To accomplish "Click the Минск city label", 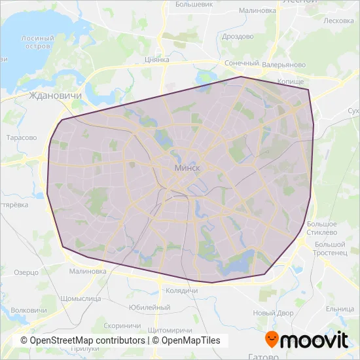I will (x=188, y=168).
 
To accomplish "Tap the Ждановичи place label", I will (x=55, y=96).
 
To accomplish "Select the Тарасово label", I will (x=21, y=138).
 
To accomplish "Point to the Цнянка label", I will (x=156, y=60).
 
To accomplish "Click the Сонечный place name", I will (x=242, y=63).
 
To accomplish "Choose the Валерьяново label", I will (x=284, y=65).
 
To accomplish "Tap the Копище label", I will (x=291, y=81).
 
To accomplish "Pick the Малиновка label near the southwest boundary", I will (x=87, y=271).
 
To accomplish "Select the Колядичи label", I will (x=182, y=290).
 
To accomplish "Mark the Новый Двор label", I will (x=274, y=313).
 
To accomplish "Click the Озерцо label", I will (x=26, y=272).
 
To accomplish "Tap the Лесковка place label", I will (x=338, y=20).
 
